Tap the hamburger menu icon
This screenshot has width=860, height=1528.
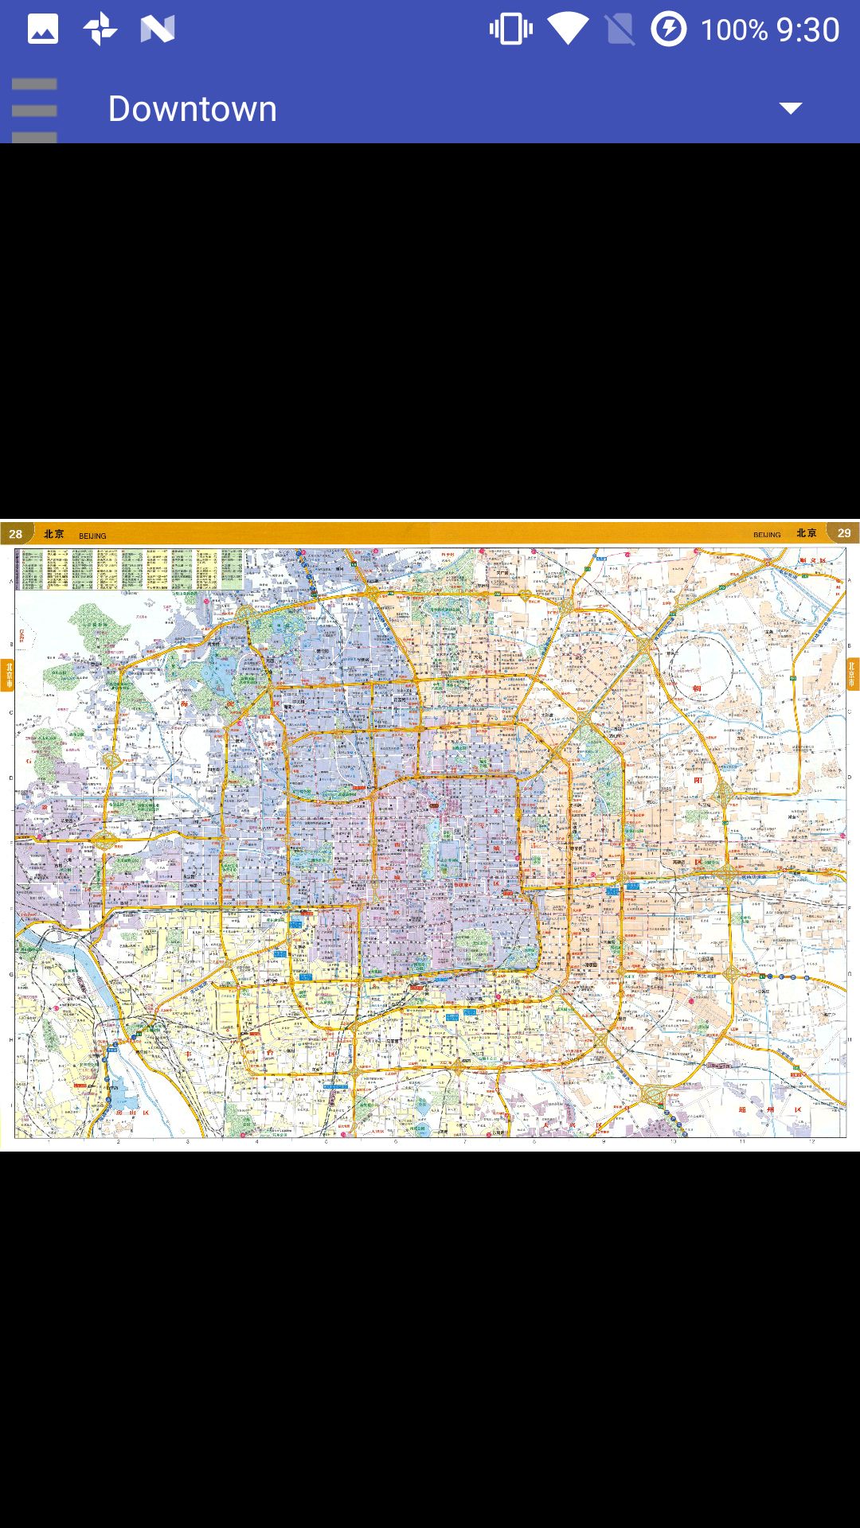[34, 110]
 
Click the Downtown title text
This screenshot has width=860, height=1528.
[192, 109]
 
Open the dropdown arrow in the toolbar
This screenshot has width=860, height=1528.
[790, 108]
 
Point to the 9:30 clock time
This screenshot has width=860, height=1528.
[807, 30]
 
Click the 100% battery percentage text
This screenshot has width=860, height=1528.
[733, 30]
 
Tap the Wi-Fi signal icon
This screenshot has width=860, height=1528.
[567, 29]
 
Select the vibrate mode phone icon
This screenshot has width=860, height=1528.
[511, 29]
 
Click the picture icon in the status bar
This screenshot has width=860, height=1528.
[43, 29]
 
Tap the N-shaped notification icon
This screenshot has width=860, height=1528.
[157, 29]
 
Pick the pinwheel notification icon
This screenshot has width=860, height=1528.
[100, 29]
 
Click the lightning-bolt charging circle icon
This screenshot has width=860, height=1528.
[668, 29]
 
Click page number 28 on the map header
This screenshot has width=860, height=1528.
[16, 534]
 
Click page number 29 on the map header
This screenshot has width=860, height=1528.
[844, 533]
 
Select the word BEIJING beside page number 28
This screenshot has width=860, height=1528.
[92, 536]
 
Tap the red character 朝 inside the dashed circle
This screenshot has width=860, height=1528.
[697, 689]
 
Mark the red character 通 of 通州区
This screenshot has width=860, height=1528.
[742, 1109]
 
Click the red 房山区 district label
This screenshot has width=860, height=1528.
[132, 1113]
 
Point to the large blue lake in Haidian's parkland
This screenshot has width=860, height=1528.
[217, 678]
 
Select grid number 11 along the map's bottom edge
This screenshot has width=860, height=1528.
[742, 1142]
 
